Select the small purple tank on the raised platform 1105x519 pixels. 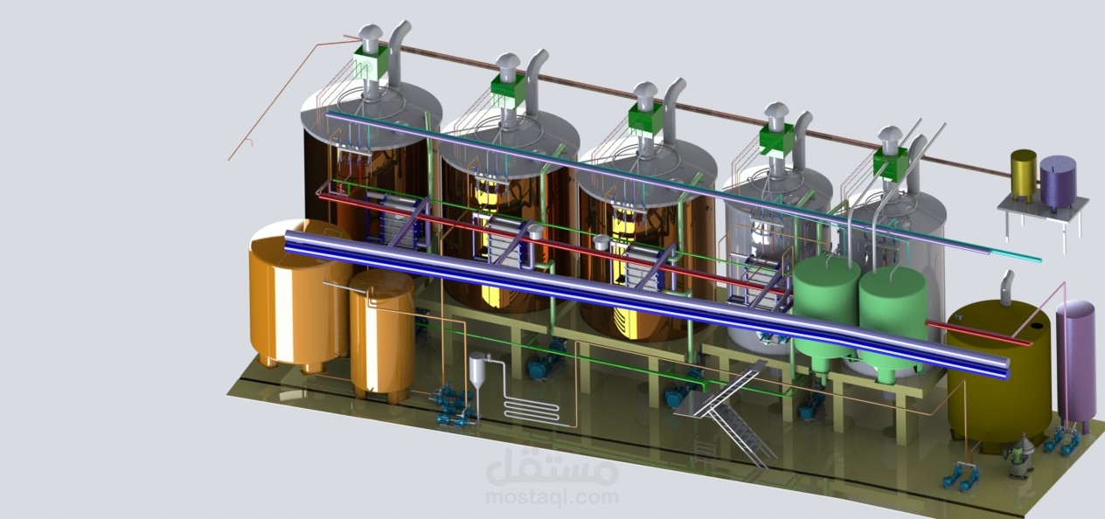pyautogui.click(x=1058, y=182)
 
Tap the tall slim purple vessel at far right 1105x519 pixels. pyautogui.click(x=1076, y=364)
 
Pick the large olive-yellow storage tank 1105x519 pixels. pyautogui.click(x=999, y=375)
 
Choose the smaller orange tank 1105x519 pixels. pyautogui.click(x=382, y=336)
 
